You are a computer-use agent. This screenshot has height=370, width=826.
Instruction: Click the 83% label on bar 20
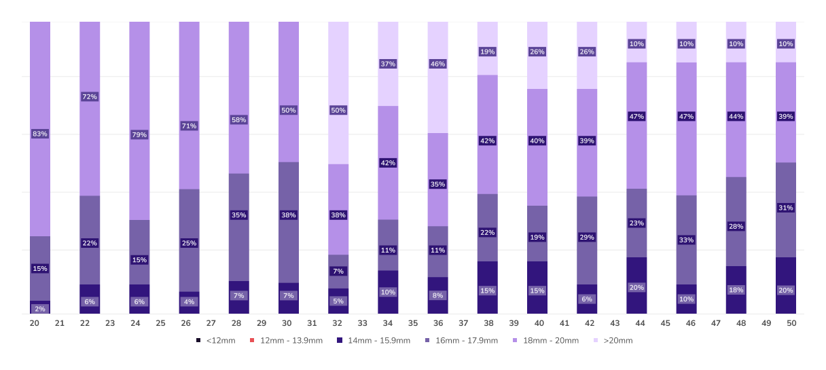[x=40, y=134]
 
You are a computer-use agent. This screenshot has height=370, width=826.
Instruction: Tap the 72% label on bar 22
[x=90, y=97]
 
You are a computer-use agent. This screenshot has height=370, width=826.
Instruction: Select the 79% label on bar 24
[x=139, y=134]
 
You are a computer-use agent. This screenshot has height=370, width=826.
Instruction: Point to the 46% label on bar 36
[x=437, y=64]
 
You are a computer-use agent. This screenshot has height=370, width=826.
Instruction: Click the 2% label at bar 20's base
[x=40, y=309]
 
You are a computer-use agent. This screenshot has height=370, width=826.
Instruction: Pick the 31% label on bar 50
[x=785, y=208]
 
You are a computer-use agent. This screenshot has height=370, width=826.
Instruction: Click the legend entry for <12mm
[x=215, y=340]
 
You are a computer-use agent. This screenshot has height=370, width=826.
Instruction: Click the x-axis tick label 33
[x=362, y=324]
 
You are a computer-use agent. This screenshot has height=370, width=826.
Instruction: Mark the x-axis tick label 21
[x=60, y=324]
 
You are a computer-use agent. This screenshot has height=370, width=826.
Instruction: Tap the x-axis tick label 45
[x=665, y=324]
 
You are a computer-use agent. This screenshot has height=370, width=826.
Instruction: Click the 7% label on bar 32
[x=338, y=272]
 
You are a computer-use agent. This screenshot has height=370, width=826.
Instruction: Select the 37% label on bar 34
[x=388, y=64]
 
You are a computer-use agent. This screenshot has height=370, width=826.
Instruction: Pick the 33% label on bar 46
[x=686, y=240]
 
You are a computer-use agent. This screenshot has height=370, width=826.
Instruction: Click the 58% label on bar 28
[x=238, y=120]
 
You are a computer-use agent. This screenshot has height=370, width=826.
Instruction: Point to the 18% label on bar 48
[x=736, y=290]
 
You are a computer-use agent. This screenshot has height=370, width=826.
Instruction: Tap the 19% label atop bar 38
[x=487, y=52]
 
